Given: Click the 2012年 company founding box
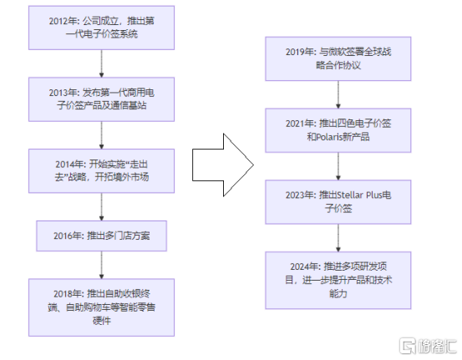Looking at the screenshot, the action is pyautogui.click(x=101, y=28).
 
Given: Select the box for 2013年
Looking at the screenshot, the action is pyautogui.click(x=101, y=99).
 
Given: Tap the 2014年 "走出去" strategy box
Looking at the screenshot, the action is pyautogui.click(x=101, y=171).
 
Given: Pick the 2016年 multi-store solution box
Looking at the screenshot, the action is pyautogui.click(x=101, y=236).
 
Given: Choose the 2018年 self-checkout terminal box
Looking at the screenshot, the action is pyautogui.click(x=101, y=307).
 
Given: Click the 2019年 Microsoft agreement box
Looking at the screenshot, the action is pyautogui.click(x=338, y=58).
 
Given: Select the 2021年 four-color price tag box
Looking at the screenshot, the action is pyautogui.click(x=338, y=130).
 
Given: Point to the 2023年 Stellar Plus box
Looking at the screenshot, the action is pyautogui.click(x=338, y=202).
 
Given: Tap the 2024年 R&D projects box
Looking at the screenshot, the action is pyautogui.click(x=338, y=280).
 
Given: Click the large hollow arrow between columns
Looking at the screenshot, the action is pyautogui.click(x=223, y=165).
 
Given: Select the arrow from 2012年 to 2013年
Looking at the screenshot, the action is pyautogui.click(x=101, y=63).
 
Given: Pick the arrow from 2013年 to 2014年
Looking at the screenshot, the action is pyautogui.click(x=101, y=135).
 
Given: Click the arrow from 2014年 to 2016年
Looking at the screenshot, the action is pyautogui.click(x=101, y=207).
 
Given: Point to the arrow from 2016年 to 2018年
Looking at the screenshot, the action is pyautogui.click(x=101, y=265).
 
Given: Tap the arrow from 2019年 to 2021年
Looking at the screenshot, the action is pyautogui.click(x=338, y=94).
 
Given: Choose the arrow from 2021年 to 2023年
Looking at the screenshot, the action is pyautogui.click(x=338, y=166).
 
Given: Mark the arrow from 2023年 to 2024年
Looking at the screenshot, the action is pyautogui.click(x=338, y=238).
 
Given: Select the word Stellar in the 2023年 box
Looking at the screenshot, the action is pyautogui.click(x=350, y=195).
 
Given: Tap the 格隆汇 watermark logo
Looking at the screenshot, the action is pyautogui.click(x=428, y=346).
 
